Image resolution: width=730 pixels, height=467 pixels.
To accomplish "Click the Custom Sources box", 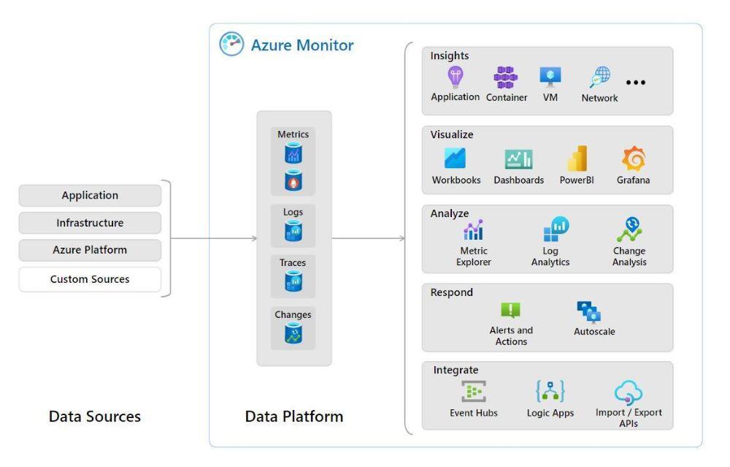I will tap(90, 279).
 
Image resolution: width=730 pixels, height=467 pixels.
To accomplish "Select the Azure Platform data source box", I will tap(90, 250).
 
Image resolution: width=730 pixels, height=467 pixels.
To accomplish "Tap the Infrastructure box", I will tap(90, 222).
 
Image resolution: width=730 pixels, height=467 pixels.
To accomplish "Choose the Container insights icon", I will tap(506, 77).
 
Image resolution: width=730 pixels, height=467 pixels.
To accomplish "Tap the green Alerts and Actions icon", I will tap(510, 311).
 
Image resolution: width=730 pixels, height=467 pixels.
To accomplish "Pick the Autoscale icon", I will tap(588, 312).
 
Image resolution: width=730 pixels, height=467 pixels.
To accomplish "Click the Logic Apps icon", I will tap(550, 392).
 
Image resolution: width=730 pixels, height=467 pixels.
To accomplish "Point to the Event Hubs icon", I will tap(473, 392).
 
